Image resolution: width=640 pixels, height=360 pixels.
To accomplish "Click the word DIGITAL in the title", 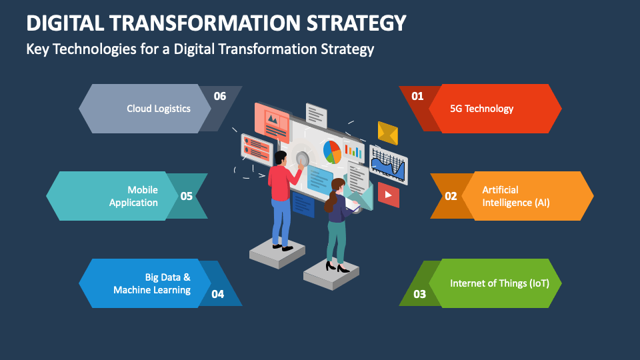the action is (65, 23).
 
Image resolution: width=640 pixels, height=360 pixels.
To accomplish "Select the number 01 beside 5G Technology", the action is (417, 96).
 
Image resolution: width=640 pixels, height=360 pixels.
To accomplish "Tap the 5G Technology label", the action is (481, 109).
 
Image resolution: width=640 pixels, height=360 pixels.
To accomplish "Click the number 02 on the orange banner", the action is (451, 196).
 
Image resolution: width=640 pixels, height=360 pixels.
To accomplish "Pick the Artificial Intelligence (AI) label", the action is (516, 196).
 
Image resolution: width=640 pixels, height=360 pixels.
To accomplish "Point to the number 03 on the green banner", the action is (419, 294).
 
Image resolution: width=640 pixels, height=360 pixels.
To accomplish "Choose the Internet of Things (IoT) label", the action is (499, 283).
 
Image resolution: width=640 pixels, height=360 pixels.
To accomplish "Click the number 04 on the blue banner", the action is (217, 294).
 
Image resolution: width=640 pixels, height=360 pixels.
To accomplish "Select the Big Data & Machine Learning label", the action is (152, 284).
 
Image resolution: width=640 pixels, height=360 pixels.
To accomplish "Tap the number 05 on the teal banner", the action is (187, 196).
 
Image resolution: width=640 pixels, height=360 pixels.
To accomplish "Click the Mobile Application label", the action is (133, 196).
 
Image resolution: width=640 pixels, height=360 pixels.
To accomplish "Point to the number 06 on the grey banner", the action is (219, 96).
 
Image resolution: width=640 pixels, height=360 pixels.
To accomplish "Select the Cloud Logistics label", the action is (159, 109).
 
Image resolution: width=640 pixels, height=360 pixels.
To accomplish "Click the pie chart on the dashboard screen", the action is (332, 152).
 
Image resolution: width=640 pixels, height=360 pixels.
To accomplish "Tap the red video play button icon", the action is (388, 195).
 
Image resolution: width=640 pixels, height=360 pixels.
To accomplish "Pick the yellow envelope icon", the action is (388, 133).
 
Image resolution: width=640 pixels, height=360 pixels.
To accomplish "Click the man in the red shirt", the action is (283, 201).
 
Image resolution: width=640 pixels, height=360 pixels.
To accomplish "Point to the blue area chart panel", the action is (388, 165).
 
